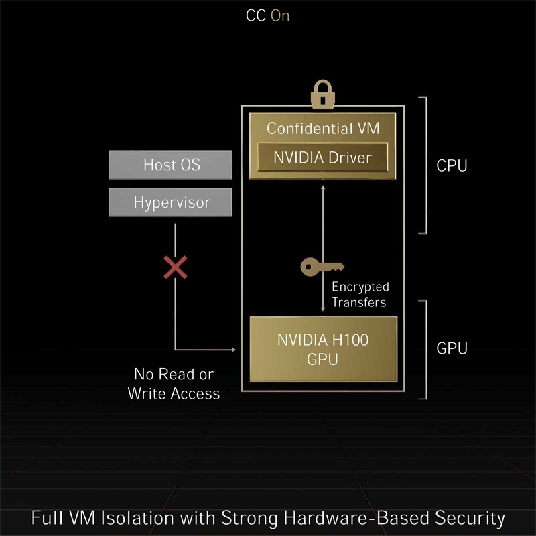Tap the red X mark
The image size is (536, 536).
coord(176,268)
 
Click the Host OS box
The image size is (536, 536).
coord(171,164)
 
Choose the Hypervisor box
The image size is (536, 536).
coord(171,201)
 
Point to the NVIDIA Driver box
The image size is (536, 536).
coord(322,159)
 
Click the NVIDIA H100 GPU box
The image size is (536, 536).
coord(323,349)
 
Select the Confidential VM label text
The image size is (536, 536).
coord(322,128)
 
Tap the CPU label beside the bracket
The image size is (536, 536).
coord(451,165)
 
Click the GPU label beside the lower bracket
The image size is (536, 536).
coord(451,348)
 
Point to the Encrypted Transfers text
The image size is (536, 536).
coord(360,294)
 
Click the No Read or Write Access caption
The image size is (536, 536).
coord(174,384)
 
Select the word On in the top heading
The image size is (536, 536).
coord(280,16)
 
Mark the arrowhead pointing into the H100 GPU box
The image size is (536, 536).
coord(237,349)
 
